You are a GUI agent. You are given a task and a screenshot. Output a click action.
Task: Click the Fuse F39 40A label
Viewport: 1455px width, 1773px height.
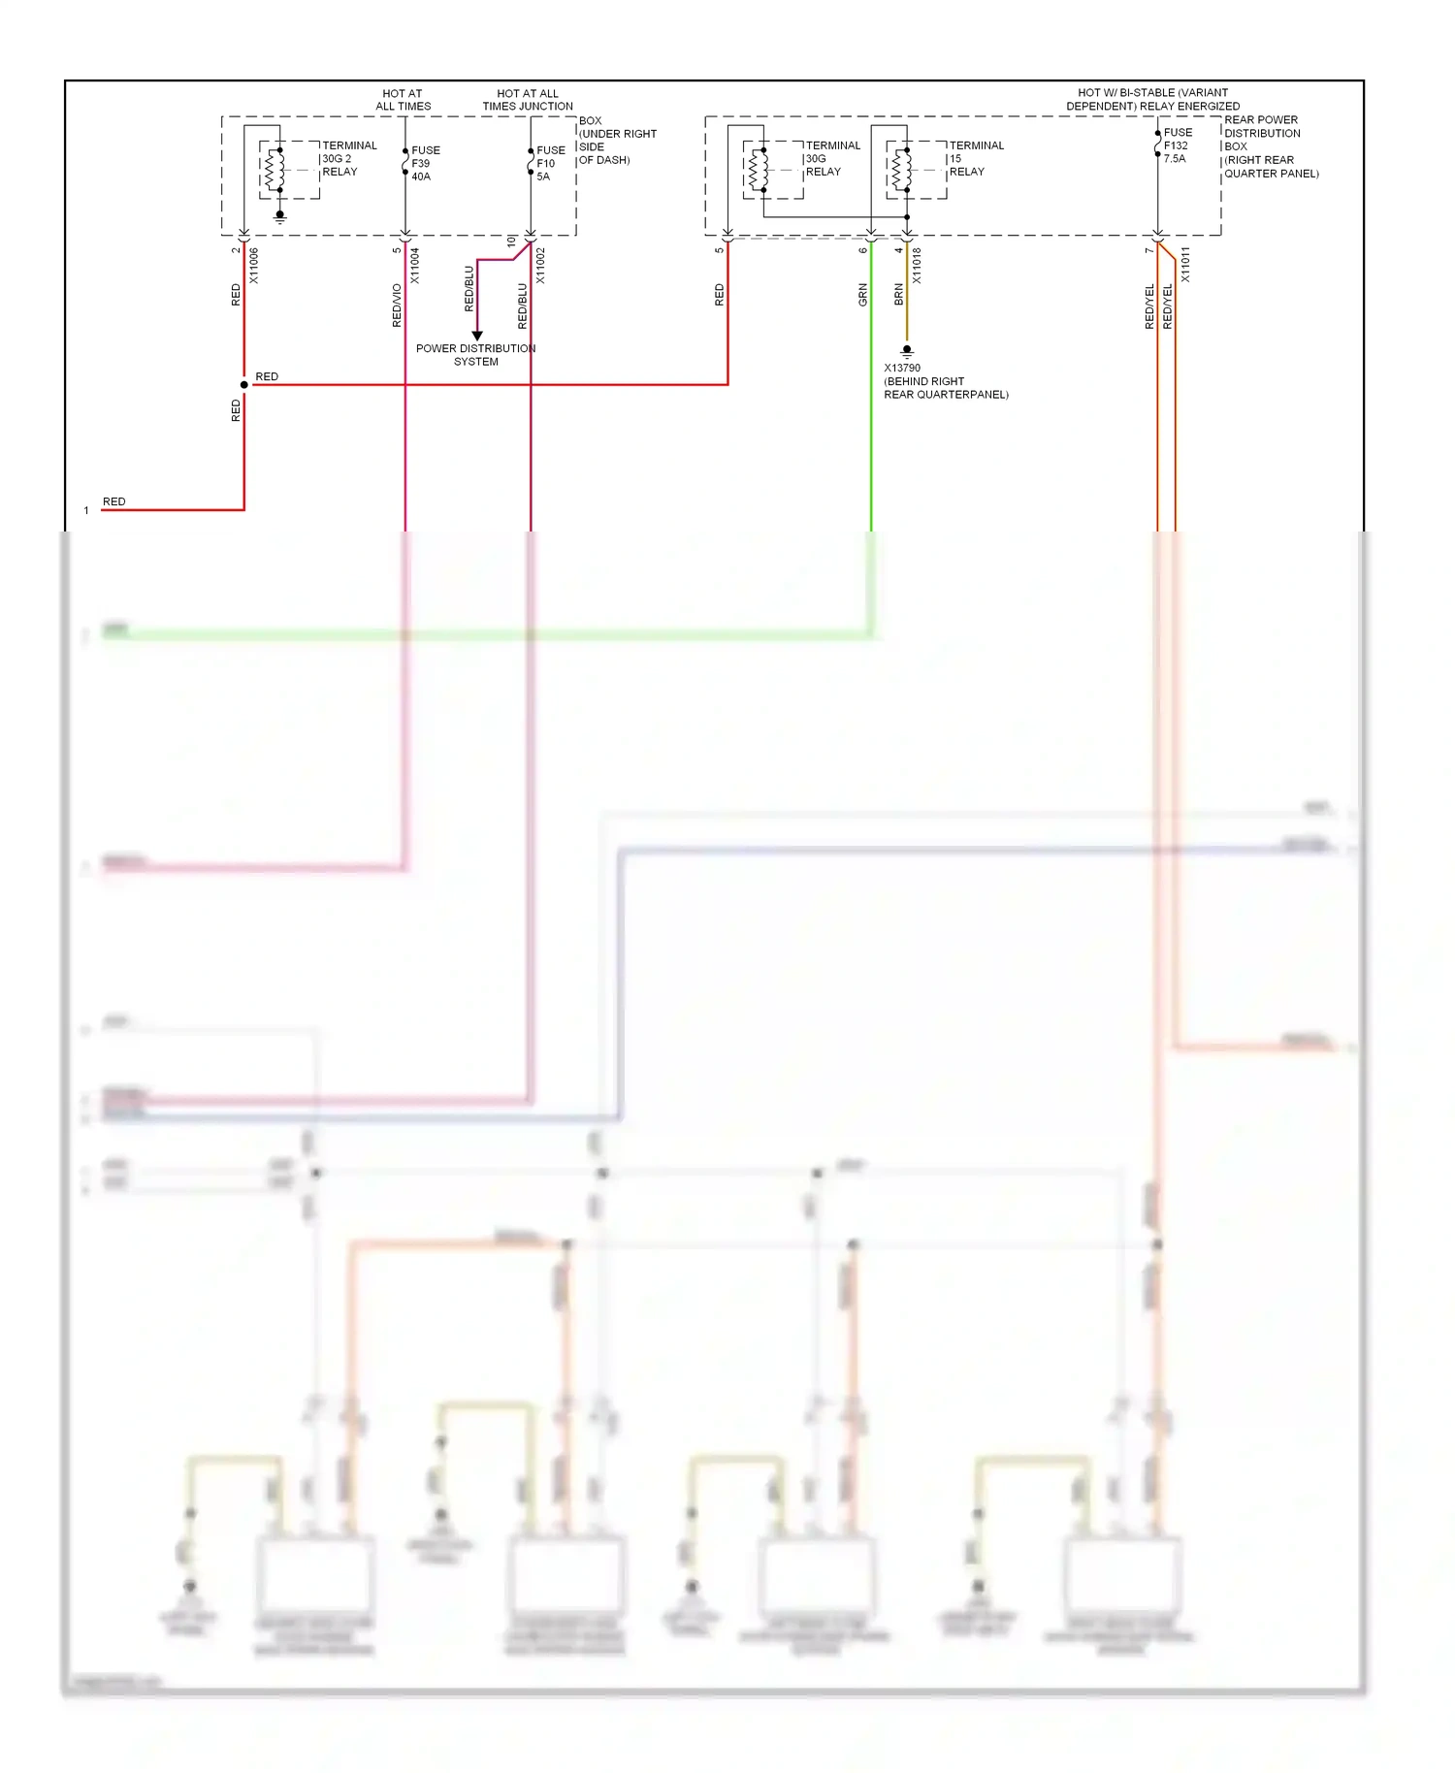pos(425,163)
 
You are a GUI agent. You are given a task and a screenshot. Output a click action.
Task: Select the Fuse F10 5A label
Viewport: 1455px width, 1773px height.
pos(550,163)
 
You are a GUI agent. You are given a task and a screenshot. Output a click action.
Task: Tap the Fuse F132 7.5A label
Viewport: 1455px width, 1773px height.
pos(1177,145)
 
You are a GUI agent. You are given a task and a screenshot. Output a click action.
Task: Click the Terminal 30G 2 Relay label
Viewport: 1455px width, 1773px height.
pos(348,158)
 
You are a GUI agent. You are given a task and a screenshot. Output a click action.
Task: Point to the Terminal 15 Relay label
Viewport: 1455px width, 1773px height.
pos(976,158)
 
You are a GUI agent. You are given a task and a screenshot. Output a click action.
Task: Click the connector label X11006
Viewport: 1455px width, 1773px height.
pos(254,265)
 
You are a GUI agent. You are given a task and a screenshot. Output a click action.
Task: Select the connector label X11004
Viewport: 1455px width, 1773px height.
pos(415,265)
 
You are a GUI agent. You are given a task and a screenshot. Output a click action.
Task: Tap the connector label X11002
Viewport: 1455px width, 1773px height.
pos(540,265)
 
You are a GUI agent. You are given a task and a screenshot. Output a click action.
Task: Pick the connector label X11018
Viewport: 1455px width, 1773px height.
pos(917,265)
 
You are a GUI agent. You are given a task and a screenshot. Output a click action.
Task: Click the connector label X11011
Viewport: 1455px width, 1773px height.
pos(1185,265)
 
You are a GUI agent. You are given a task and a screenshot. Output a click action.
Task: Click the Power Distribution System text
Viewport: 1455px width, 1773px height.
pos(475,355)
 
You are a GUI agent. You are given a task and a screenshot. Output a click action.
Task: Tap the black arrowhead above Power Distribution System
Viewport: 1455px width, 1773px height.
pos(476,336)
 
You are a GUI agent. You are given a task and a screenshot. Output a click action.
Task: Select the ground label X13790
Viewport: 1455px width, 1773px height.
pos(902,369)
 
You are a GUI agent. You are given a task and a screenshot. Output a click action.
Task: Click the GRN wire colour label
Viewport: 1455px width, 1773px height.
pos(862,295)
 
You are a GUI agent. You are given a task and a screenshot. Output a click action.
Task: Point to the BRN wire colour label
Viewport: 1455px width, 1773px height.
pos(898,295)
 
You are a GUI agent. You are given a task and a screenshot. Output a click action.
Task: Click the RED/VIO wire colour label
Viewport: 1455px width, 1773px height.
pos(397,305)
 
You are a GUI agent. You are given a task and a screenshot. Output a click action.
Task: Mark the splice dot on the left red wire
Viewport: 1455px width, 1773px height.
pos(244,385)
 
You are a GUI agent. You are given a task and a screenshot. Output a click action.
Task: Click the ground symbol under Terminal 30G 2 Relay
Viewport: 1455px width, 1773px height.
pos(280,216)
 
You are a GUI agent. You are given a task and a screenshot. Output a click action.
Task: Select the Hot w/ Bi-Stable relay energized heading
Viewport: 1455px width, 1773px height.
pos(1152,99)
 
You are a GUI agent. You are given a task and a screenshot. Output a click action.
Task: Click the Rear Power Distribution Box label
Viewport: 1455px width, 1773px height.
pos(1270,146)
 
